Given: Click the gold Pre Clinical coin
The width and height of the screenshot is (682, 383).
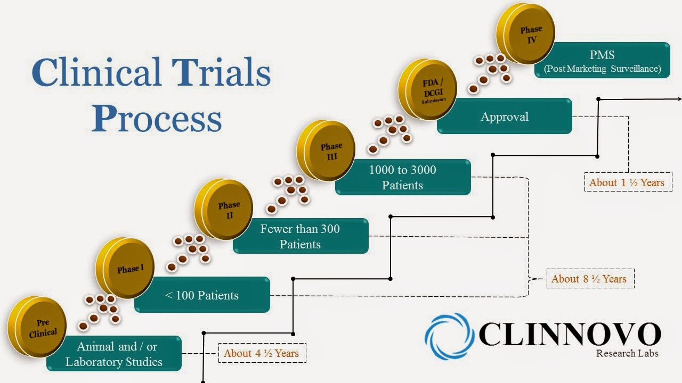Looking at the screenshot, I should point(37,327).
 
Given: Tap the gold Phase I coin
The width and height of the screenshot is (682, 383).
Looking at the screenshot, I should point(126,268).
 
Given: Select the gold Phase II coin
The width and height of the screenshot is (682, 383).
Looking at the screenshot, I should point(224,209).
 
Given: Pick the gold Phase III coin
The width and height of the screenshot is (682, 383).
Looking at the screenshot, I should point(326,151).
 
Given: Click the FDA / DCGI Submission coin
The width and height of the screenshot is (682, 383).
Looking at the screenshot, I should point(429,90).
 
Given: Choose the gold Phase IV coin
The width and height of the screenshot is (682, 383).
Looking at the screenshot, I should point(526,33).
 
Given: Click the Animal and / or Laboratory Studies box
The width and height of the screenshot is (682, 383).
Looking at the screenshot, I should point(114,354).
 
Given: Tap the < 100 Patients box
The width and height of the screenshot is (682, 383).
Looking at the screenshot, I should point(202,295).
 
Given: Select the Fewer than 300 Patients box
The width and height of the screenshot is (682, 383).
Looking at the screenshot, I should point(301,236).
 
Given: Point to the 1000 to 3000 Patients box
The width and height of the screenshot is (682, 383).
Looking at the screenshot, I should point(403,178).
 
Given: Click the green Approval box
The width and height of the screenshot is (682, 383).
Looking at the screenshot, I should point(504,116).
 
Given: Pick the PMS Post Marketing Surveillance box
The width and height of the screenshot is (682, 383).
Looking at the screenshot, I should point(602,61).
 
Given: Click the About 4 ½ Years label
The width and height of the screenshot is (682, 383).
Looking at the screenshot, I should point(262,353).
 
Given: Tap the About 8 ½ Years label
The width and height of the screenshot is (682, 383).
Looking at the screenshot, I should point(589,279).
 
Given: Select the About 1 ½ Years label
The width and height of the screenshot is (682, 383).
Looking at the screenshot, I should point(627,182).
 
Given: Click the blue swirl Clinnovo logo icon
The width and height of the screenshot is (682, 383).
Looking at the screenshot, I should point(449,336).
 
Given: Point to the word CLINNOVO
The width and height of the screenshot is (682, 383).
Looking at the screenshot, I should point(570,334).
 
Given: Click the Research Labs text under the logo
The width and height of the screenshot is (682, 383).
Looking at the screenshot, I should point(627,354).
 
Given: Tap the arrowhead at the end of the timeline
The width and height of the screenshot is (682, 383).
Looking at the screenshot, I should point(678,99).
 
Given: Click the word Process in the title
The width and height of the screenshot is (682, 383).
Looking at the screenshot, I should point(156,119).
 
